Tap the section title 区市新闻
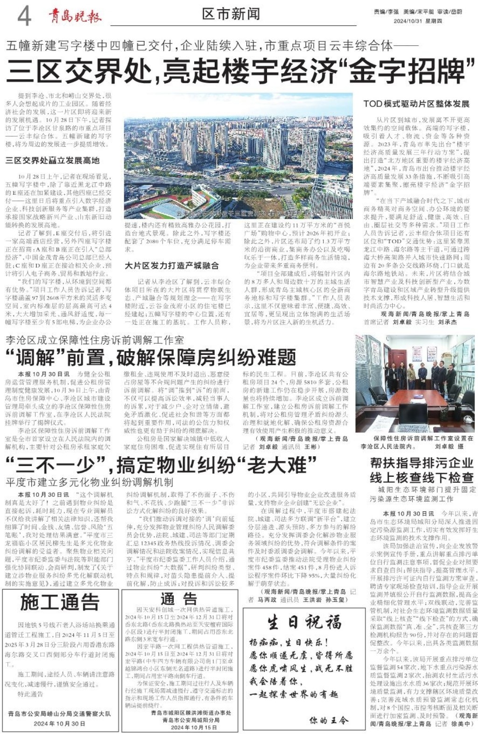(231, 14)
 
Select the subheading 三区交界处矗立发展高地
(53, 160)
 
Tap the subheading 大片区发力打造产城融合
(171, 265)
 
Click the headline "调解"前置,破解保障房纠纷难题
(150, 358)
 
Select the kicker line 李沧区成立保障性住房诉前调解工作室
(95, 339)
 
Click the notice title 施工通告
(60, 602)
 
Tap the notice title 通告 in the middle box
(178, 598)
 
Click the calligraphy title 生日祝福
(304, 622)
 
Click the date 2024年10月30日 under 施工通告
(59, 723)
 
